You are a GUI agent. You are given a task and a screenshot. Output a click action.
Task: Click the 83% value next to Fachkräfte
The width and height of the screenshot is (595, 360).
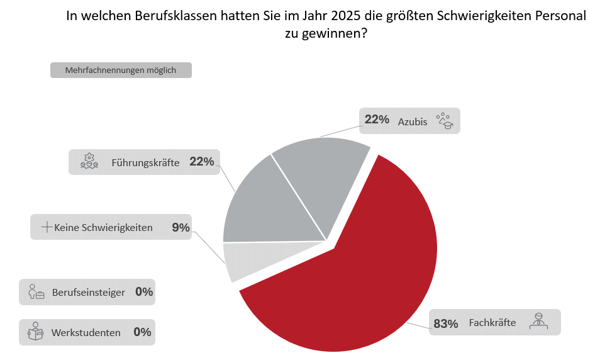pyautogui.click(x=445, y=323)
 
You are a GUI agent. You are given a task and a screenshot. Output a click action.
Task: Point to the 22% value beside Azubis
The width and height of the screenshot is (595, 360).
pyautogui.click(x=377, y=120)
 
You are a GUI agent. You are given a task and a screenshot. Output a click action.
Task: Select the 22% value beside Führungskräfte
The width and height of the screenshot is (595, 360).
pyautogui.click(x=202, y=162)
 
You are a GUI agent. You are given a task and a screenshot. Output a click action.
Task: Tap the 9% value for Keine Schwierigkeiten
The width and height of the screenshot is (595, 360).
pyautogui.click(x=181, y=227)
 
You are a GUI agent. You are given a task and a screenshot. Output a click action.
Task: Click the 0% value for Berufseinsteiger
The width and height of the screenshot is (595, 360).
pyautogui.click(x=144, y=291)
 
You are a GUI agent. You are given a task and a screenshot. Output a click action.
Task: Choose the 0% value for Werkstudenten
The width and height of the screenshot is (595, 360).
pyautogui.click(x=142, y=332)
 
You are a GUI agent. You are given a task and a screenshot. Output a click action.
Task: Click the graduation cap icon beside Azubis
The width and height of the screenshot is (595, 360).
pyautogui.click(x=445, y=121)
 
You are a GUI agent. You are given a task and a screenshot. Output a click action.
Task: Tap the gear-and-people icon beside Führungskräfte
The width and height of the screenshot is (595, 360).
pyautogui.click(x=89, y=161)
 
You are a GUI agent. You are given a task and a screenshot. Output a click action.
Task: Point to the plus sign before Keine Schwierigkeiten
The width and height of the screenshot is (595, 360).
pyautogui.click(x=47, y=227)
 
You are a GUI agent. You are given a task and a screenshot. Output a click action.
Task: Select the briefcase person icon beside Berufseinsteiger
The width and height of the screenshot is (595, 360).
pyautogui.click(x=36, y=291)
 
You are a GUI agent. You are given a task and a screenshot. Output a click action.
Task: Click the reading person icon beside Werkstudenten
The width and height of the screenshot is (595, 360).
pyautogui.click(x=35, y=331)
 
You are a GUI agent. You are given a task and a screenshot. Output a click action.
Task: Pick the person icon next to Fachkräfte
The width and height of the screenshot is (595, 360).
pyautogui.click(x=538, y=321)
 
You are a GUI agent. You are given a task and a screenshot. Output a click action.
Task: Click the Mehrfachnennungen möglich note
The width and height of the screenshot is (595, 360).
pyautogui.click(x=121, y=70)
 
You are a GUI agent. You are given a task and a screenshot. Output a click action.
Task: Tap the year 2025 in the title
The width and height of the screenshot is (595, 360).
pyautogui.click(x=346, y=16)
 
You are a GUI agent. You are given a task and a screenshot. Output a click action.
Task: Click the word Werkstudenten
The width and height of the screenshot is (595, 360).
pyautogui.click(x=86, y=333)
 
